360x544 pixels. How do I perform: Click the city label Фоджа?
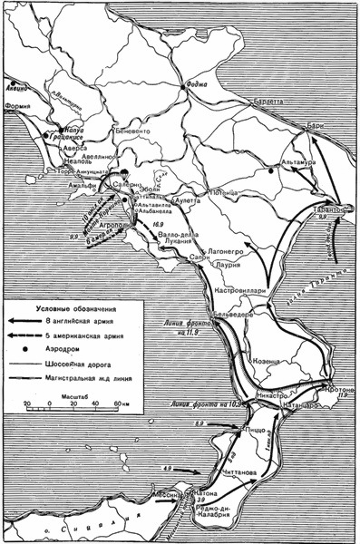point(196,87)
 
